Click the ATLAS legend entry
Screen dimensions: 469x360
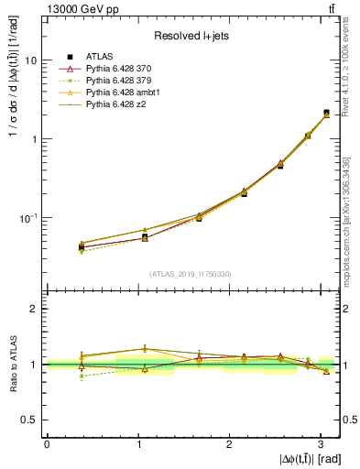click(x=101, y=56)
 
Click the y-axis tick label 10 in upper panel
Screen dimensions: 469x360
click(x=30, y=60)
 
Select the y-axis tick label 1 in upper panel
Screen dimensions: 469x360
click(x=34, y=139)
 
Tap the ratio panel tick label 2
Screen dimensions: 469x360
click(x=34, y=310)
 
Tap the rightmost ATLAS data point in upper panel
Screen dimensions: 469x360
click(x=326, y=113)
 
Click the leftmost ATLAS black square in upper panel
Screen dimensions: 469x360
click(x=81, y=246)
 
